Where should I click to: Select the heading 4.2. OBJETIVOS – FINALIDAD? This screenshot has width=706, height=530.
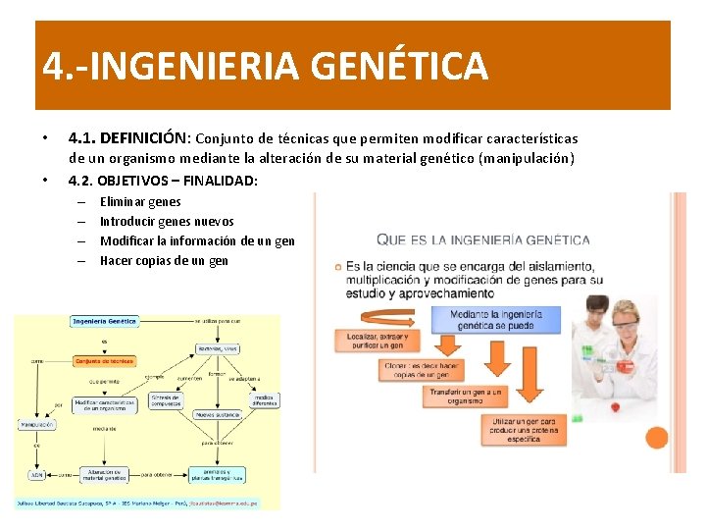point(163,180)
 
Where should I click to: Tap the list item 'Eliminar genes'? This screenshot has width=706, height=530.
point(140,202)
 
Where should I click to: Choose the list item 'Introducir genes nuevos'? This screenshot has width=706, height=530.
point(167,222)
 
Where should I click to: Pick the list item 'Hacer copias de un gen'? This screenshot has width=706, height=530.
point(164,261)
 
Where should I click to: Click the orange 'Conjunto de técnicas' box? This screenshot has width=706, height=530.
point(104,361)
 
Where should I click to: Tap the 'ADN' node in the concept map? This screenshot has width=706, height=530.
point(36,474)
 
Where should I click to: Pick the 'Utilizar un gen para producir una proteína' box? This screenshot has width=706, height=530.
point(524,428)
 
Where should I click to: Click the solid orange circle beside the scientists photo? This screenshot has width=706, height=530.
point(656,438)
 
